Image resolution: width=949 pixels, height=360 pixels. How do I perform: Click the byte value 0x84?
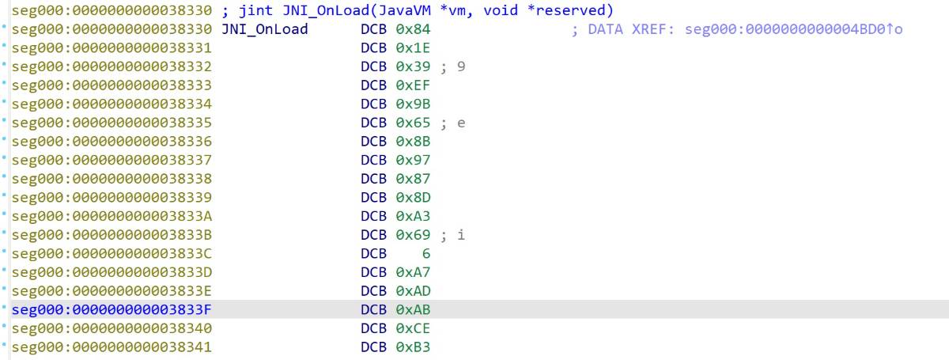tap(413, 29)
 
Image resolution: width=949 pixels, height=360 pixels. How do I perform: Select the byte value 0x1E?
tap(413, 48)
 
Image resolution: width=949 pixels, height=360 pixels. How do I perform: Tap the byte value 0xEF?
tap(413, 85)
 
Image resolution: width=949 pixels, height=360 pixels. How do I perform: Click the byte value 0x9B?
tap(413, 104)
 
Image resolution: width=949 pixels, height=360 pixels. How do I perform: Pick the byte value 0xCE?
tap(413, 328)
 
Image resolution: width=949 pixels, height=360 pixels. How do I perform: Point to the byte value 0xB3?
tap(413, 347)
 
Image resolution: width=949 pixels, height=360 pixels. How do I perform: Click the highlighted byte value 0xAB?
tap(413, 309)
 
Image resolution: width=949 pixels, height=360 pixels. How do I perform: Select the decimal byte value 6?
tap(425, 253)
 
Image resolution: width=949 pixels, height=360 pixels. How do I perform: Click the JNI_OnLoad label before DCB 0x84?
tap(265, 29)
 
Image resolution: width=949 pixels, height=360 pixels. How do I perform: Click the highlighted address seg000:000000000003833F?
tap(112, 309)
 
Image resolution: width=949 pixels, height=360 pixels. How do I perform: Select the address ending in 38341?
tap(112, 347)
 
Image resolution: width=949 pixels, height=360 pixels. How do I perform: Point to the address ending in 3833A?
tap(112, 216)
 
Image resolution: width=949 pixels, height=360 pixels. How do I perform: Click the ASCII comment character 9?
tap(461, 66)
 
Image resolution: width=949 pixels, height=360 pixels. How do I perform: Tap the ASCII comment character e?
tap(461, 123)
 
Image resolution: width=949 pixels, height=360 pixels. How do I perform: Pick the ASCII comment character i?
tap(461, 234)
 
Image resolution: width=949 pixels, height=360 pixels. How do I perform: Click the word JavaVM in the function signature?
tap(404, 10)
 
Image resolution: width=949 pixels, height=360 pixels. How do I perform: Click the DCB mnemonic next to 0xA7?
tap(373, 272)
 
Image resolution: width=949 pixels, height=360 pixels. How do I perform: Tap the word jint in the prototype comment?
tap(256, 10)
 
